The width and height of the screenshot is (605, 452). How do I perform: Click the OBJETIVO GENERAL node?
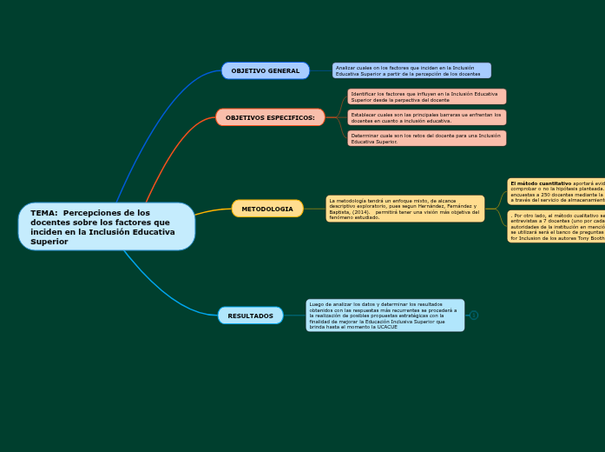coord(265,70)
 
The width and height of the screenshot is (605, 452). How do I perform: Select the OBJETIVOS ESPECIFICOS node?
coord(270,117)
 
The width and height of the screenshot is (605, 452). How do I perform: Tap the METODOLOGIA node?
coord(267,209)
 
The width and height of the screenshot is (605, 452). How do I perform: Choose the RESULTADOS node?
coord(250,316)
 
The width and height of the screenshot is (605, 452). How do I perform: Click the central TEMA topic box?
coord(106,227)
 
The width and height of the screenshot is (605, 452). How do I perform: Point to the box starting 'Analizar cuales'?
coord(411,70)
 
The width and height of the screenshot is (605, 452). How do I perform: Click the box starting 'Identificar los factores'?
coord(426,96)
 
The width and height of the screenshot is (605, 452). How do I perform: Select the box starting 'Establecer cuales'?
coord(426,117)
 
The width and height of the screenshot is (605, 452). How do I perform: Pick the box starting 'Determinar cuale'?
coord(426,138)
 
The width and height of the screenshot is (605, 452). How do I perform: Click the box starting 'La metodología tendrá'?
coord(404,209)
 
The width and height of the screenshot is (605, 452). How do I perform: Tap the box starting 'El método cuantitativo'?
coord(556,191)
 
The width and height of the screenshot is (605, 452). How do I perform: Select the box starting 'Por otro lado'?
coord(556,226)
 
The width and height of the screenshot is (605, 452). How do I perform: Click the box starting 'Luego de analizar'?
coord(385,316)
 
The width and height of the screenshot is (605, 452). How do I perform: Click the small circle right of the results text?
coord(474,316)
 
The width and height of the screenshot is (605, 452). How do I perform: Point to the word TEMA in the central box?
coord(43,213)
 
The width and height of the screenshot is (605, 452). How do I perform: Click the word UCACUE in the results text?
coord(363,327)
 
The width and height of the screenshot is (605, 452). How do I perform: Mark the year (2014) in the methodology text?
coord(363,212)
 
